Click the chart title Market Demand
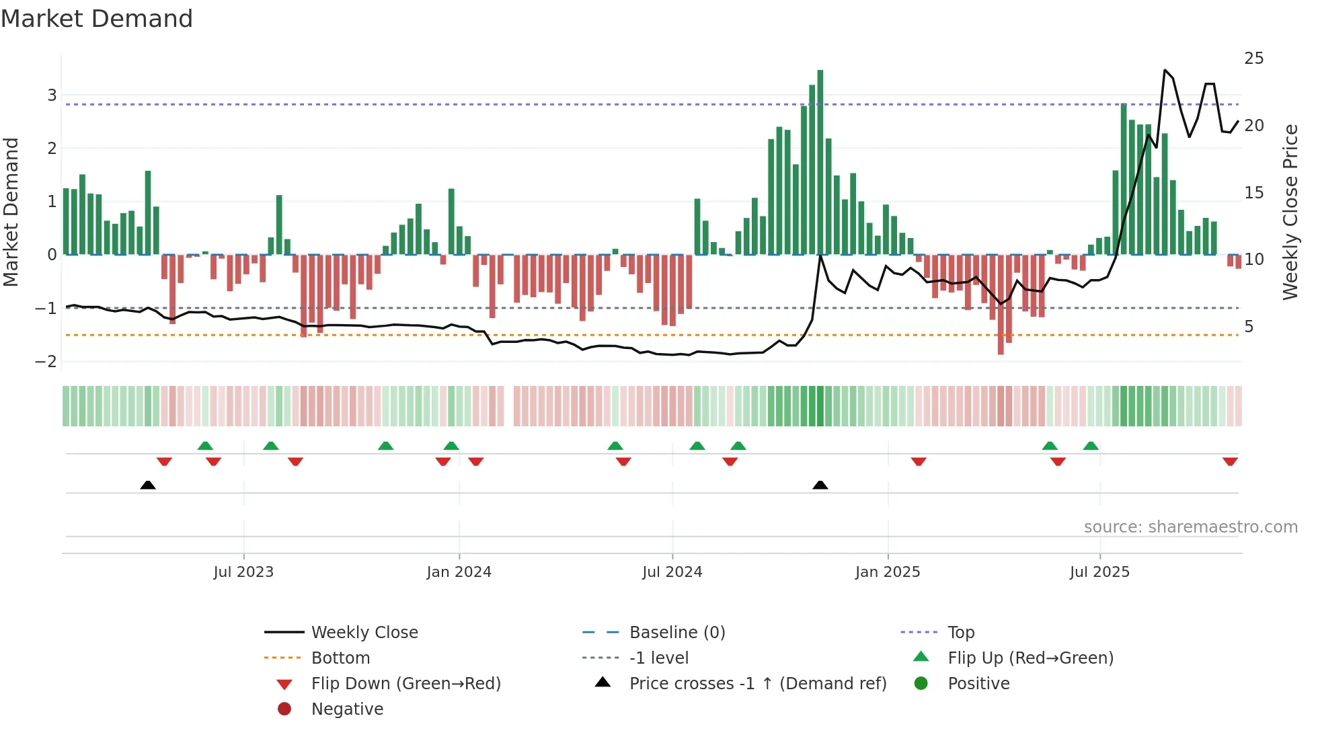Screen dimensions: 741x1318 pos(97,19)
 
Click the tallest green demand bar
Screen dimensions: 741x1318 pos(820,161)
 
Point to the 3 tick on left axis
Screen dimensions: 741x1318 pos(52,95)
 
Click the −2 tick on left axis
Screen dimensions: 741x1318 pos(46,361)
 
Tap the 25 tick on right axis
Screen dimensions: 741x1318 pos(1253,58)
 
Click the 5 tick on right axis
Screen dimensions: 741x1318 pos(1249,327)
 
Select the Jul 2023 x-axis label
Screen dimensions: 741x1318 pos(243,572)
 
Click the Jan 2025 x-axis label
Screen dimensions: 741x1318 pos(888,572)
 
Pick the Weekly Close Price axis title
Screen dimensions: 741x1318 pos(1290,212)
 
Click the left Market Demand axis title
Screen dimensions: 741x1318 pos(11,212)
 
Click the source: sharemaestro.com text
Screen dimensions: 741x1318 pos(1190,526)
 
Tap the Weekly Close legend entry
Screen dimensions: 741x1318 pos(364,632)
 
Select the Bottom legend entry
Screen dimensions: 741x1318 pos(340,658)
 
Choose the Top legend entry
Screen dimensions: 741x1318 pos(961,632)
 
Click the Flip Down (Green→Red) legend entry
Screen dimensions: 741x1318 pos(405,683)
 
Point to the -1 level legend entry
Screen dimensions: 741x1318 pos(658,658)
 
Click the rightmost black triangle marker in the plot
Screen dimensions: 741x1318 pos(820,485)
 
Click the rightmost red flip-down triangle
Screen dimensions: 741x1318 pos(1230,461)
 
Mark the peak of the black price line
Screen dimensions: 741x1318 pos(1165,70)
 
